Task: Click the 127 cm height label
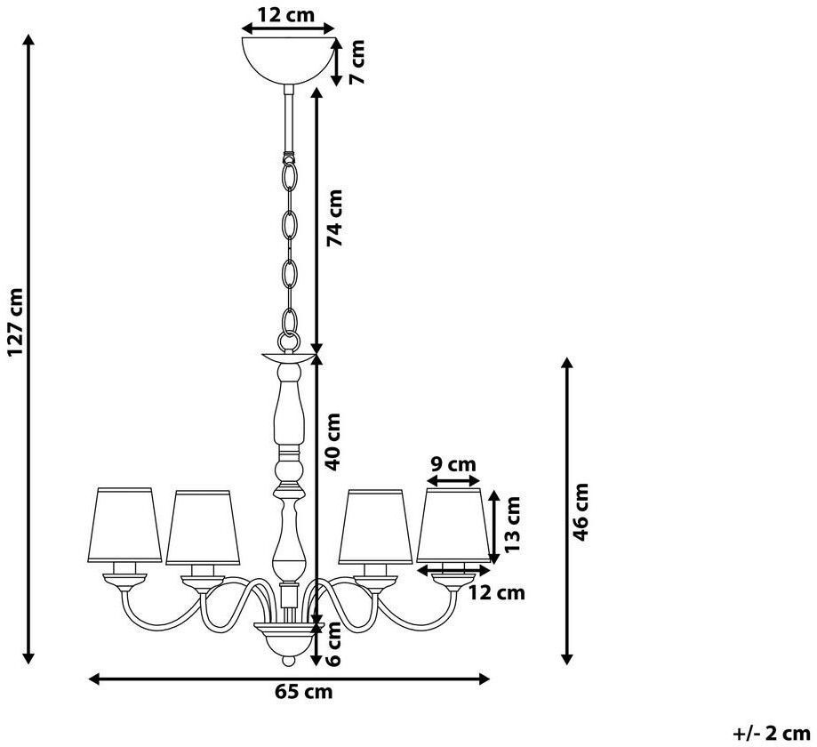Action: coord(16,322)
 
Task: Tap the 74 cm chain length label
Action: coord(334,217)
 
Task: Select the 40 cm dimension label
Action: coord(332,441)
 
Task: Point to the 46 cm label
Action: coord(580,512)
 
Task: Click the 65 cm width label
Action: coord(303,692)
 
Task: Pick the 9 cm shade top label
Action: coord(452,463)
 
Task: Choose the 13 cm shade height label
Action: coord(512,524)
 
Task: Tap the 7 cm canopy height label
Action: coord(356,61)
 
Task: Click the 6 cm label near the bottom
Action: coord(333,644)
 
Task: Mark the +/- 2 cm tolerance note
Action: coord(772,734)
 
